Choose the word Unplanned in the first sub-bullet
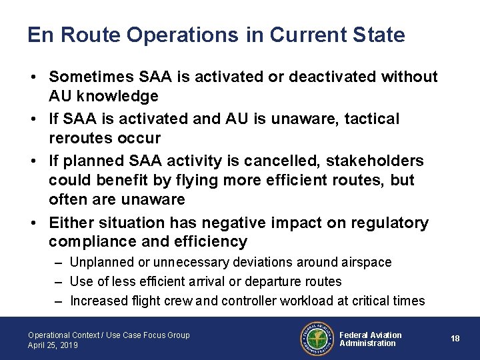click(101, 263)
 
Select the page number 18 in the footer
click(455, 339)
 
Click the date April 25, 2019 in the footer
click(53, 345)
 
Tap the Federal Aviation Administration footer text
click(371, 339)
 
